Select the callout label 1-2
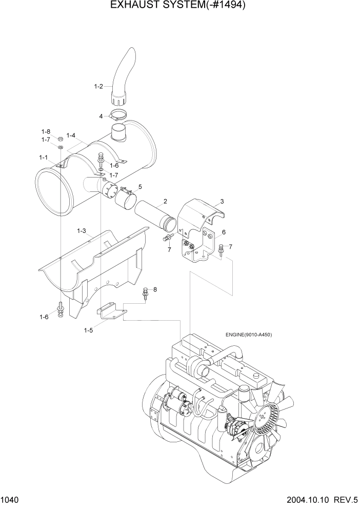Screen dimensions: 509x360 click(x=99, y=87)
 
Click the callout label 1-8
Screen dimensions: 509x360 click(x=46, y=131)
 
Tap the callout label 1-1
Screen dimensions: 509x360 click(x=44, y=158)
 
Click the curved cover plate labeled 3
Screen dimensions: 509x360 click(x=202, y=213)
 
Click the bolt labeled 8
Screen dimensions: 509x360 click(x=146, y=293)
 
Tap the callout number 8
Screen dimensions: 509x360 click(x=155, y=289)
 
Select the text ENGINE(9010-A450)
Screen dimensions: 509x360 click(x=248, y=335)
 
